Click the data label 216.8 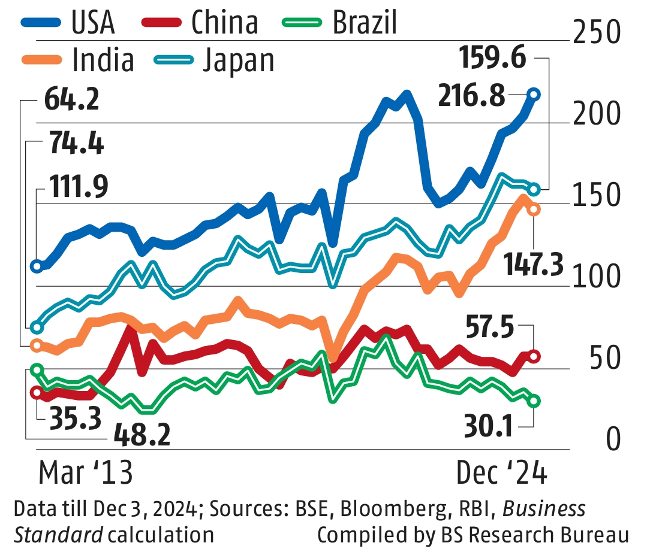click(x=471, y=95)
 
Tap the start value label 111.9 click(x=79, y=188)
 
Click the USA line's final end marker click(x=534, y=95)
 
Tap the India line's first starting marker click(x=37, y=345)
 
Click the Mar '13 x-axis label click(x=85, y=473)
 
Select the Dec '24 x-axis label click(x=501, y=473)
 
